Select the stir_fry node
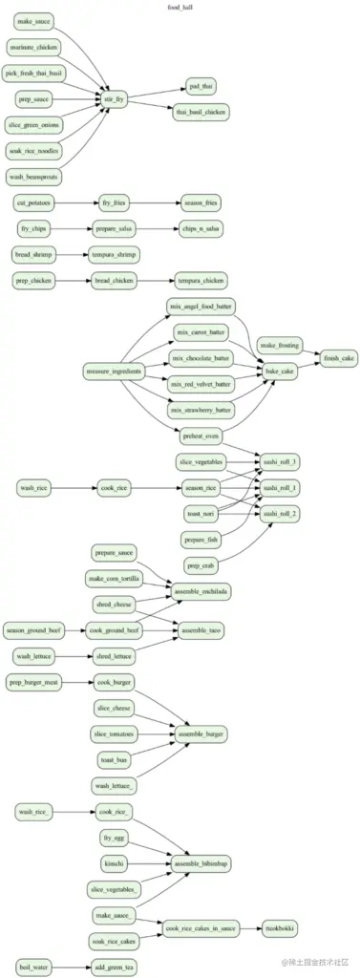click(x=114, y=97)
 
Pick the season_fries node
click(x=201, y=203)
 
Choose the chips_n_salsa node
click(x=201, y=228)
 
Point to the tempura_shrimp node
click(x=114, y=254)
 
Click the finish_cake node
click(x=339, y=358)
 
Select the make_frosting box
click(x=282, y=346)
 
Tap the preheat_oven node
click(x=201, y=436)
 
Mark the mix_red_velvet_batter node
click(x=201, y=384)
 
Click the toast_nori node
click(x=201, y=514)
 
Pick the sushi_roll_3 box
click(x=282, y=462)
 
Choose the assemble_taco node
click(x=201, y=631)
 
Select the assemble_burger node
click(x=201, y=733)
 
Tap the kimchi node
click(x=114, y=863)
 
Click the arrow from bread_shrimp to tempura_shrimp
click(x=72, y=254)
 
